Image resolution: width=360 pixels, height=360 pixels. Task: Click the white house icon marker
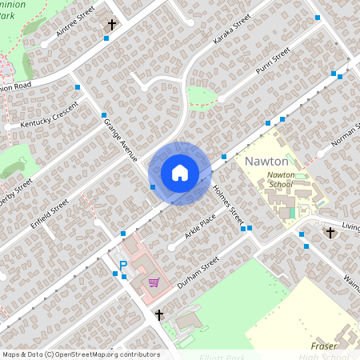pos(180,173)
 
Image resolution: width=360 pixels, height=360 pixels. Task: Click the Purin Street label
pos(272,62)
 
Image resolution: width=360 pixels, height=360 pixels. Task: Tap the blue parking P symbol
pos(123,266)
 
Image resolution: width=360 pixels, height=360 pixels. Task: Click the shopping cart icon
pos(153,282)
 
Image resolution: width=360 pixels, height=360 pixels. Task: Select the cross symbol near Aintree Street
pos(111,26)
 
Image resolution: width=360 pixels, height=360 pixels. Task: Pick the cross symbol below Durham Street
pos(159,314)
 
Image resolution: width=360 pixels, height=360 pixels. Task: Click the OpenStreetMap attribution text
pos(80,354)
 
